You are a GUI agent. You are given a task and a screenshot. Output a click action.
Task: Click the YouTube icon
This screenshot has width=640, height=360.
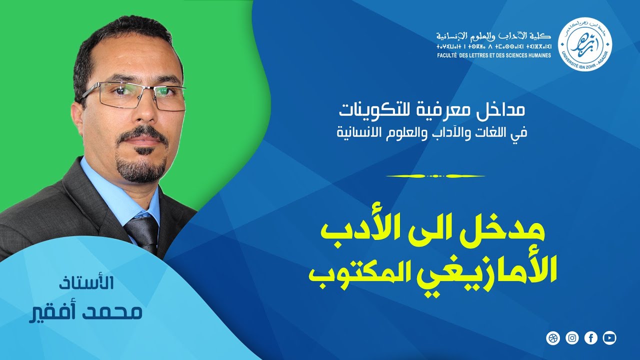[609, 338]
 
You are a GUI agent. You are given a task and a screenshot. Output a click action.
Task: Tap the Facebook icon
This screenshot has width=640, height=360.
[590, 338]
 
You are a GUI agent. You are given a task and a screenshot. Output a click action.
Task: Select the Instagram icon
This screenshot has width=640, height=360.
[572, 338]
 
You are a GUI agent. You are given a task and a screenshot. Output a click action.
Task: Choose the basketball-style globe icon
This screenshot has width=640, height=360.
[553, 338]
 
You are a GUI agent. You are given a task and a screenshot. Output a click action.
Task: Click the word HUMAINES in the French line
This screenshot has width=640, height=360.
[537, 55]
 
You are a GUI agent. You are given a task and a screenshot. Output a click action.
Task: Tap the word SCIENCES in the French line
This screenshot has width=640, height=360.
[508, 55]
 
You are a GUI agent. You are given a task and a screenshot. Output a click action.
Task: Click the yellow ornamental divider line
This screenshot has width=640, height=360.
[435, 176]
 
